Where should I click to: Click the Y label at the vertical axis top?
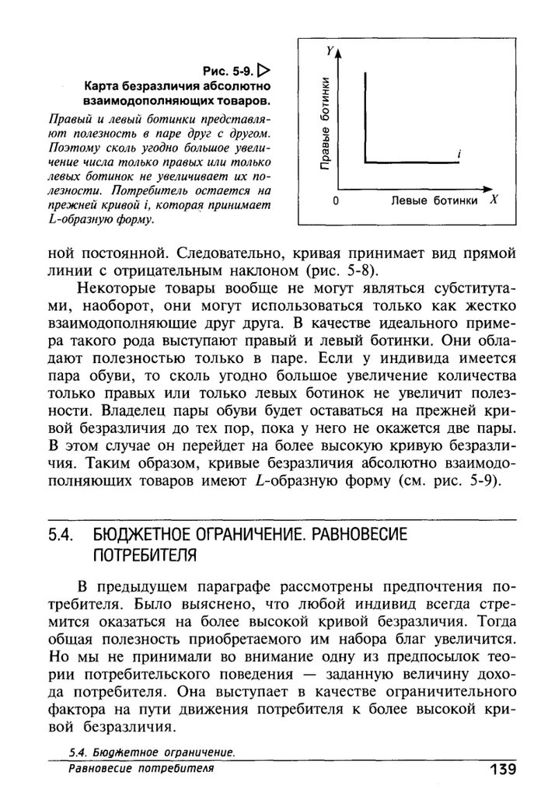pyautogui.click(x=330, y=51)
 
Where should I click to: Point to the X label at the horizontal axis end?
pyautogui.click(x=493, y=200)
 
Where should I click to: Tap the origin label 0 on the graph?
pyautogui.click(x=335, y=201)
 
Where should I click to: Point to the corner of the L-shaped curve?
pyautogui.click(x=365, y=162)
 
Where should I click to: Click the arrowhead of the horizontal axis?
pyautogui.click(x=487, y=188)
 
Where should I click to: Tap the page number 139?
pyautogui.click(x=504, y=770)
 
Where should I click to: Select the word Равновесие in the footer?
pyautogui.click(x=100, y=769)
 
